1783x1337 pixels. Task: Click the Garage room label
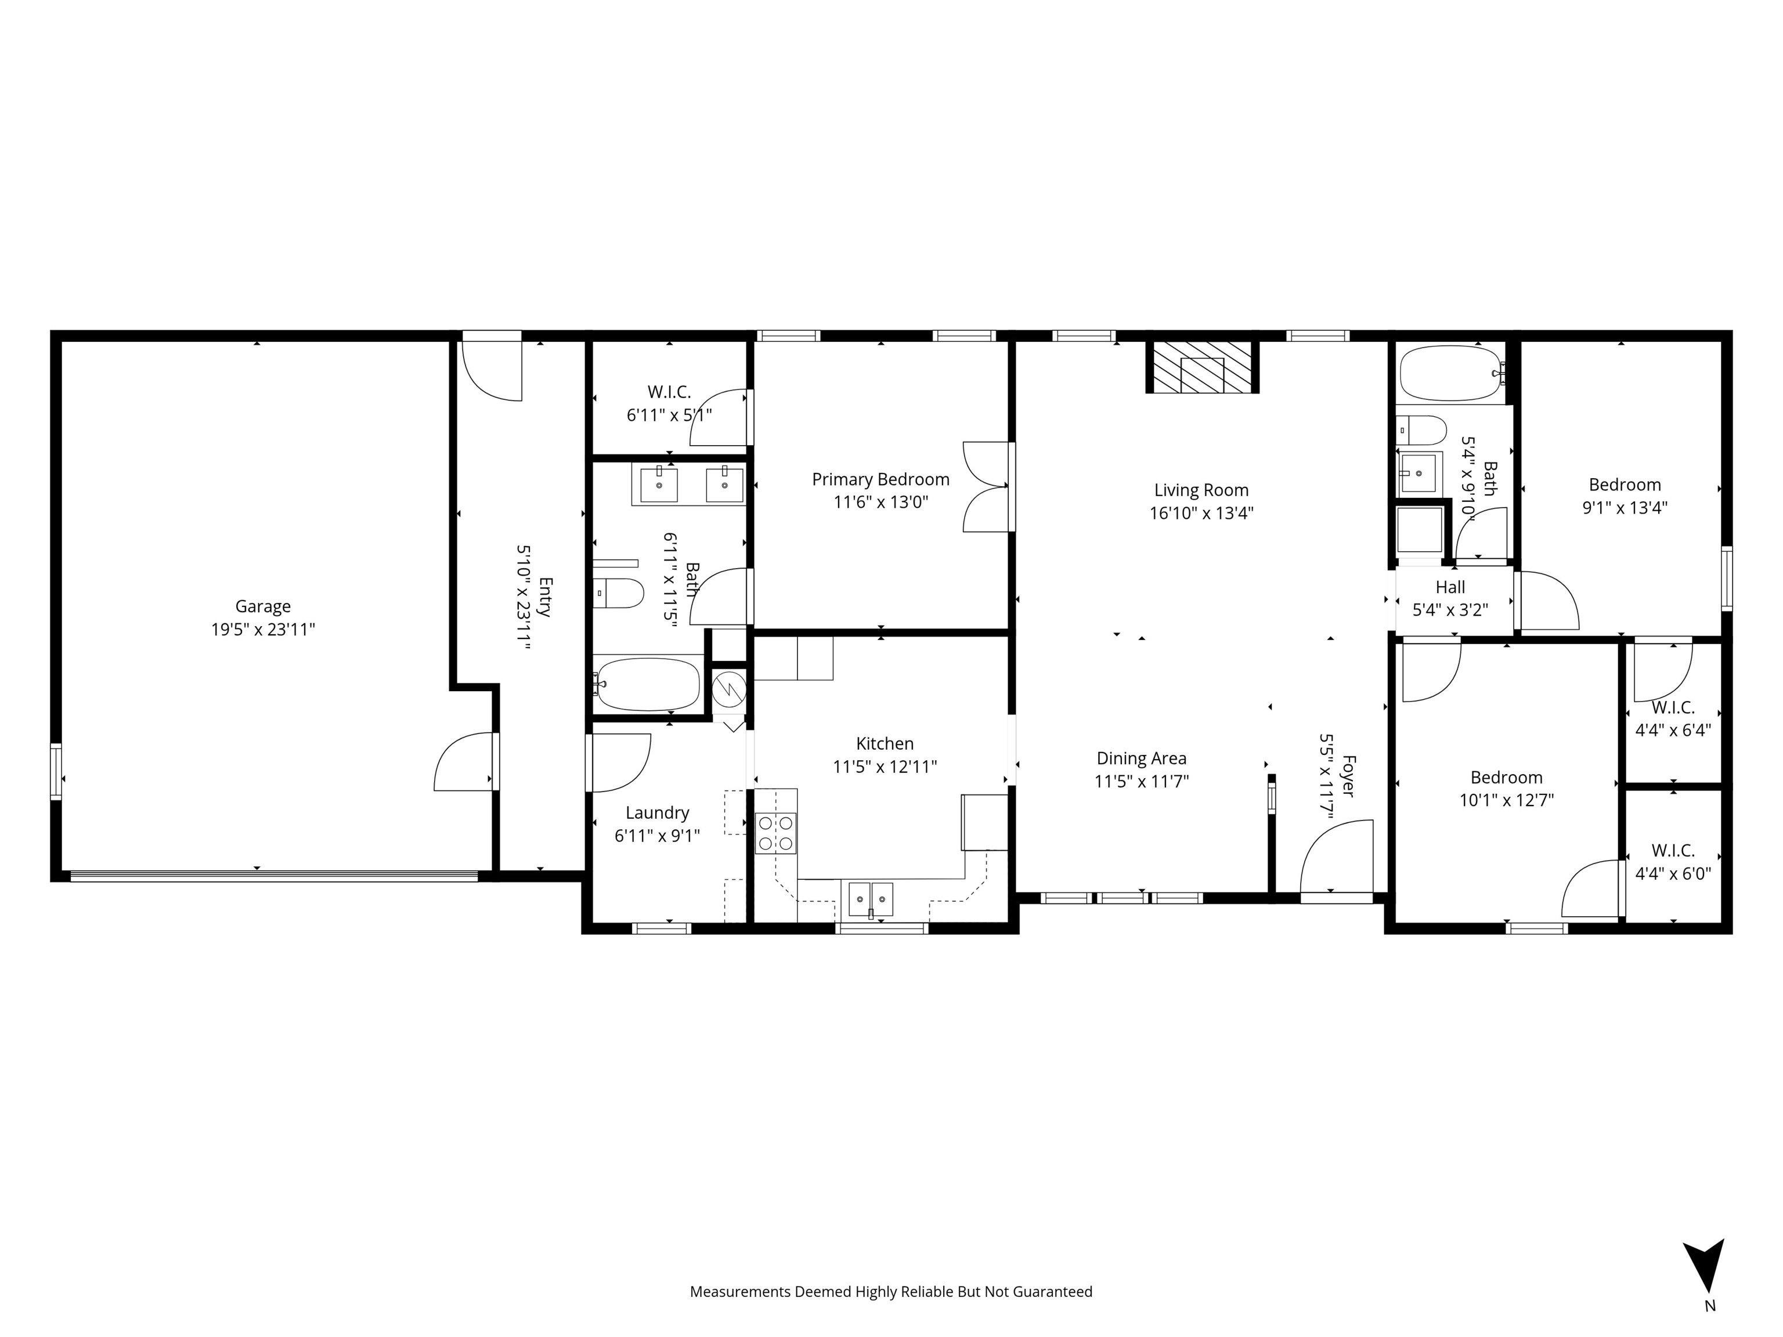point(263,606)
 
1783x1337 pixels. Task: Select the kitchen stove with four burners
point(775,833)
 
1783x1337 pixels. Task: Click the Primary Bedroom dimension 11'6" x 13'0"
point(880,502)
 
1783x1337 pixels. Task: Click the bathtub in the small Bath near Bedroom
point(1450,374)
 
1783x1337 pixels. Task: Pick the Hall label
point(1450,587)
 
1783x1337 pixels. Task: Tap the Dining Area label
point(1142,758)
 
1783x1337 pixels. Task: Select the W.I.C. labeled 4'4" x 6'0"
point(1673,862)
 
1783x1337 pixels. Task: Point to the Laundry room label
point(657,812)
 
